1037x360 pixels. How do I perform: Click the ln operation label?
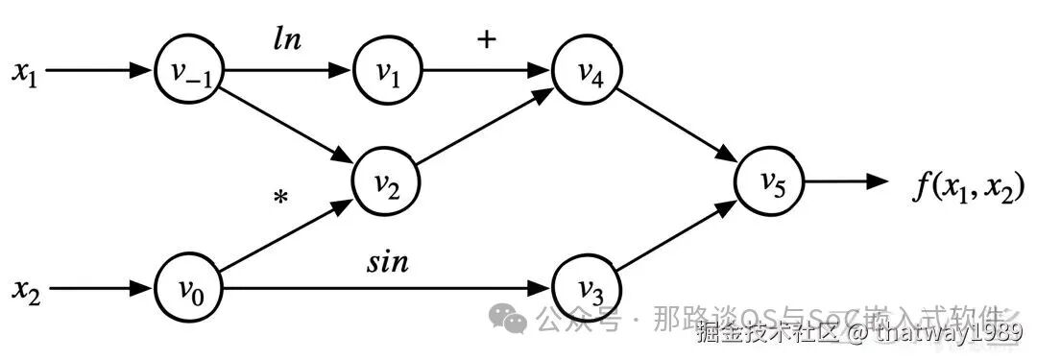pyautogui.click(x=286, y=40)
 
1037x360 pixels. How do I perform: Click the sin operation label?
pyautogui.click(x=388, y=260)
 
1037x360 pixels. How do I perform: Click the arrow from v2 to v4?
pyautogui.click(x=486, y=126)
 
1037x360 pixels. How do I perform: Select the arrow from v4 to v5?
pyautogui.click(x=677, y=126)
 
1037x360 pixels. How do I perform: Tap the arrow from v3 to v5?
pyautogui.click(x=677, y=234)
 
